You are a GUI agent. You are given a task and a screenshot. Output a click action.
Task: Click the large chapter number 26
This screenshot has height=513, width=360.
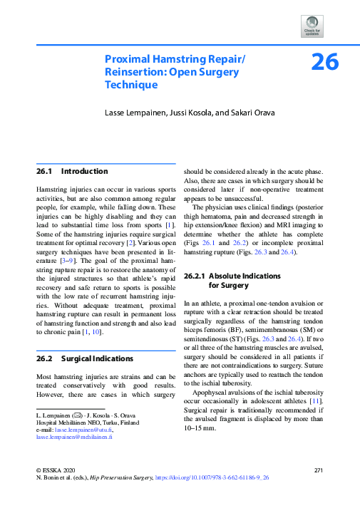324,63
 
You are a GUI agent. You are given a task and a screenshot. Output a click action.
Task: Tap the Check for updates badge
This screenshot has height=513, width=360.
313,26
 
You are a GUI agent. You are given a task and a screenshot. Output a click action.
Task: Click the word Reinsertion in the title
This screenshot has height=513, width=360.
135,72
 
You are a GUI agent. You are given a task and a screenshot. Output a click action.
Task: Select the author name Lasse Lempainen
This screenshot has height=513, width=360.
135,112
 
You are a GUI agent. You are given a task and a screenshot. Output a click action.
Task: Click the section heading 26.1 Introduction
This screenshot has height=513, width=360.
72,172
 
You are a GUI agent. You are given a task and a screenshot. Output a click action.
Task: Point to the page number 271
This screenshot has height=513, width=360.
319,471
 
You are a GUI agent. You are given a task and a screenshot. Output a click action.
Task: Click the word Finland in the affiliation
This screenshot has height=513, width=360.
128,423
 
